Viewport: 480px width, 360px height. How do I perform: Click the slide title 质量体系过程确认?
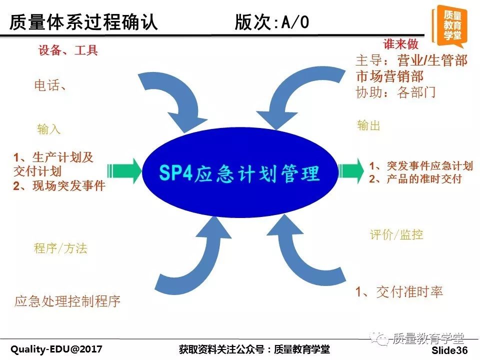(x=83, y=22)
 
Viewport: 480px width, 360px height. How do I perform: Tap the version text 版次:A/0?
(x=272, y=22)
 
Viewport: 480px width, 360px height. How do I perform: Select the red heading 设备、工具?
(x=68, y=50)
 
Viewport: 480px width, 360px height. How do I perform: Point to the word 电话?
(x=46, y=85)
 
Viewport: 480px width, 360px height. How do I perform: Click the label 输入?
(x=48, y=129)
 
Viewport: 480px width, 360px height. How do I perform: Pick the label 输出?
(x=368, y=125)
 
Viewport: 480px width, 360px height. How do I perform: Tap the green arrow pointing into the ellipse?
(x=124, y=170)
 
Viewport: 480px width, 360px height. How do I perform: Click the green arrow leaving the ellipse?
(x=351, y=170)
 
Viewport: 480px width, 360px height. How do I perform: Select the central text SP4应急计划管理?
(x=239, y=173)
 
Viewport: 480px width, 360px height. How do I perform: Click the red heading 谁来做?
(x=400, y=44)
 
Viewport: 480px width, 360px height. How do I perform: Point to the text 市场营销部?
(x=389, y=76)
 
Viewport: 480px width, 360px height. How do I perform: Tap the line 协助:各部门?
(x=395, y=92)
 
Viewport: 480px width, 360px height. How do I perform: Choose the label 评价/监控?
(x=396, y=235)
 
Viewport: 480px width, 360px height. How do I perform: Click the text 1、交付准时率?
(x=399, y=291)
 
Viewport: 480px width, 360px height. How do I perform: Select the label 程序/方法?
(x=60, y=248)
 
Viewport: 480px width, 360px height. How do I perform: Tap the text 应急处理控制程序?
(x=67, y=301)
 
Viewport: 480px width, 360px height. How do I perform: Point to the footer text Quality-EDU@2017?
(x=56, y=349)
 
